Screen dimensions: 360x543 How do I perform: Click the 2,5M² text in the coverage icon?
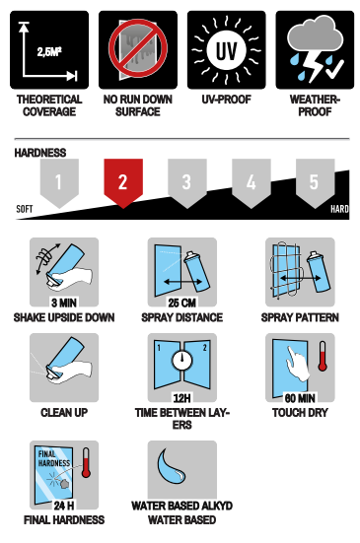click(x=49, y=52)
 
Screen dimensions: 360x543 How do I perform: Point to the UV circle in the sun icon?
click(x=227, y=50)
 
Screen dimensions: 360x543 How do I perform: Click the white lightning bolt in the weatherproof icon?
click(x=315, y=66)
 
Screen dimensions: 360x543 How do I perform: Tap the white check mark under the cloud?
click(x=334, y=69)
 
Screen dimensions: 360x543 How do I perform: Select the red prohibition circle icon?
click(x=138, y=48)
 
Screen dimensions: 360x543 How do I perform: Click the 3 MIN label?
click(x=64, y=303)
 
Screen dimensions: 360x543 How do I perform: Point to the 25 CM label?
click(x=182, y=303)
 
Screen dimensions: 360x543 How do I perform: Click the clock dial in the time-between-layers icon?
click(x=182, y=360)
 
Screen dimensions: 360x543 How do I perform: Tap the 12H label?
click(x=182, y=398)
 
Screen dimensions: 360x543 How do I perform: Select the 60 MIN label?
click(x=300, y=398)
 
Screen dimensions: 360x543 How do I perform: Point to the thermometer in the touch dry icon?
click(x=323, y=357)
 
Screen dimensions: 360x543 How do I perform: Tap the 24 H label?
click(x=64, y=506)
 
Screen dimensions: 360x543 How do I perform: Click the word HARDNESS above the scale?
click(x=40, y=153)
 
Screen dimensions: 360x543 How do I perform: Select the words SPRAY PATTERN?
click(x=300, y=317)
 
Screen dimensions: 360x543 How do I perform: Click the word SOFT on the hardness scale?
click(x=25, y=209)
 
